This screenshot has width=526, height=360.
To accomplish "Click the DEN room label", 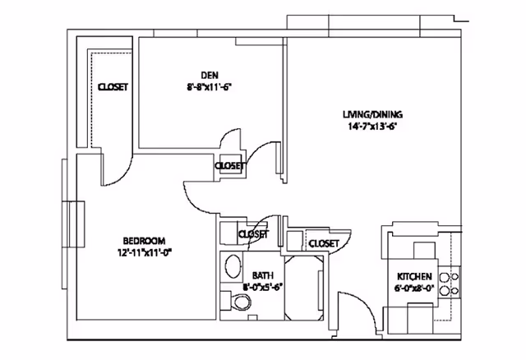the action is (x=210, y=75).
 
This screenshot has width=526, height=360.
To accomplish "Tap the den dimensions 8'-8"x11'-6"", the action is (x=210, y=87).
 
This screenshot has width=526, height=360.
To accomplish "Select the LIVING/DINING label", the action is (x=372, y=114).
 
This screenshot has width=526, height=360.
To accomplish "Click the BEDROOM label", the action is (x=145, y=241).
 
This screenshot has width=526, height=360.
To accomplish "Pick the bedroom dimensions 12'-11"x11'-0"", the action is (x=145, y=252).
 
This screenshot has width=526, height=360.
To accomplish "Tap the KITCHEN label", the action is (x=414, y=276).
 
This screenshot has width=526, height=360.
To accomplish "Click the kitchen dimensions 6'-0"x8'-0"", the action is (x=414, y=288).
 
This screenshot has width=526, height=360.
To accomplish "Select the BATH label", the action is (x=263, y=275).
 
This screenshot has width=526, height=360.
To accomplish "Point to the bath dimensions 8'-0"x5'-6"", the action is (x=263, y=287).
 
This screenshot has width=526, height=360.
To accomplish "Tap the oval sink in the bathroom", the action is (x=233, y=265).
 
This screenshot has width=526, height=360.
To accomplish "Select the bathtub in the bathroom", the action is (x=304, y=288).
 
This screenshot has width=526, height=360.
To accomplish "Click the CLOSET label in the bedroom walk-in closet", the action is (x=113, y=87).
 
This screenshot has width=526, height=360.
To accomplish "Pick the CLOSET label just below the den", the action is (x=230, y=166).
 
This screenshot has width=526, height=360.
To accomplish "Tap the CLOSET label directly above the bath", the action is (x=254, y=234).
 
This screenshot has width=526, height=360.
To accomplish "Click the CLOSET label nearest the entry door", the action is (x=324, y=243).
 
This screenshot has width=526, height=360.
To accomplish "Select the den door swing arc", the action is (x=231, y=133).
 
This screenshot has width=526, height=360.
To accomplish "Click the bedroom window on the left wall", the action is (x=72, y=224).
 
